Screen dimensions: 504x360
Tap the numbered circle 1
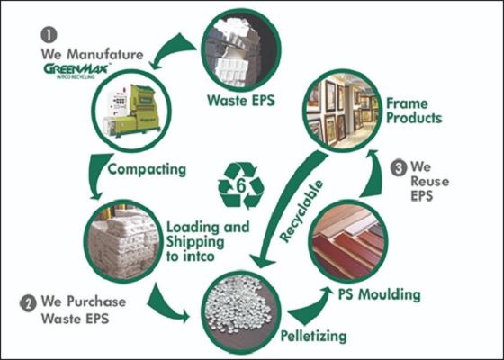pyautogui.click(x=49, y=35)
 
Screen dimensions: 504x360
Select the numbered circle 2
pyautogui.click(x=28, y=304)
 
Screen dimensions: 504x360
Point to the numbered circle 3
pyautogui.click(x=399, y=169)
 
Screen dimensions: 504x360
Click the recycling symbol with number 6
pyautogui.click(x=241, y=185)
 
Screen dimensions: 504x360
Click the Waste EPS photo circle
pyautogui.click(x=241, y=50)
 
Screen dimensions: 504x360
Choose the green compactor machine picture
pyautogui.click(x=131, y=111)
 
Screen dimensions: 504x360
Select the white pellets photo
pyautogui.click(x=241, y=312)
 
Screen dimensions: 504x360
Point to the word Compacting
pyautogui.click(x=147, y=170)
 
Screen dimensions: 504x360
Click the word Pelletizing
pyautogui.click(x=314, y=337)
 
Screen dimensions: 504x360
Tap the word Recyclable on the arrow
pyautogui.click(x=301, y=211)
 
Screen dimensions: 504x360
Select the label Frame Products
pyautogui.click(x=414, y=111)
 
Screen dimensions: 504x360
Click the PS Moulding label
pyautogui.click(x=379, y=294)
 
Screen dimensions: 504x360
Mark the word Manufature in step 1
pyautogui.click(x=105, y=54)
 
